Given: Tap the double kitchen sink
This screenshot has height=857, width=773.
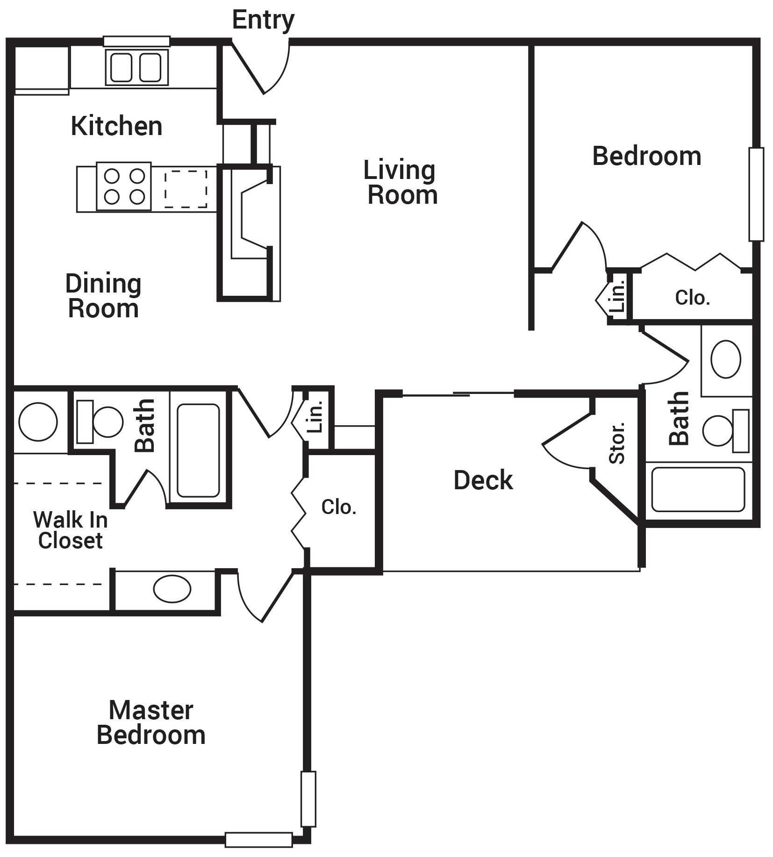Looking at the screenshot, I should click(x=136, y=67).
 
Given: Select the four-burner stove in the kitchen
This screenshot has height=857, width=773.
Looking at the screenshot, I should click(x=124, y=186).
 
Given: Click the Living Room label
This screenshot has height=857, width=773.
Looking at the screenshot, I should click(x=401, y=183).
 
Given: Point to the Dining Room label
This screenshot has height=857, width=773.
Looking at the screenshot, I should click(x=103, y=296).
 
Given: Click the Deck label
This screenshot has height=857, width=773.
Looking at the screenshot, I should click(x=483, y=480).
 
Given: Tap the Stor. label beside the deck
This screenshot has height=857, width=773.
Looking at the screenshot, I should click(x=617, y=443).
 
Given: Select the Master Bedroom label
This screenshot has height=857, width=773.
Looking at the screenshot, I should click(x=151, y=723).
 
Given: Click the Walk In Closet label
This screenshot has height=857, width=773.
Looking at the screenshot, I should click(x=70, y=530).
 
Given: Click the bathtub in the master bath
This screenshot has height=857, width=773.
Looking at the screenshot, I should click(x=198, y=450).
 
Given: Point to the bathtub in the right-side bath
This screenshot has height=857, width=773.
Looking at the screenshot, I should click(x=698, y=489).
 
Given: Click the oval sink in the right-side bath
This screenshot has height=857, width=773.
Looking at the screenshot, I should click(x=725, y=359).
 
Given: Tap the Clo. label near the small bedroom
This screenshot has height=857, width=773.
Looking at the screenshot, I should click(x=692, y=297).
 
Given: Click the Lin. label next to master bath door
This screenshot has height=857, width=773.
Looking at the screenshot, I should click(x=316, y=416).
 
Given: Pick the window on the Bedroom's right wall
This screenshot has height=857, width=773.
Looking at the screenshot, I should click(x=756, y=194).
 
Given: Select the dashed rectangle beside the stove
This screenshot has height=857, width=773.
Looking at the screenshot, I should click(x=186, y=189).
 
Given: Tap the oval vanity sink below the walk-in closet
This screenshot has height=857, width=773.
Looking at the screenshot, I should click(x=172, y=589).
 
